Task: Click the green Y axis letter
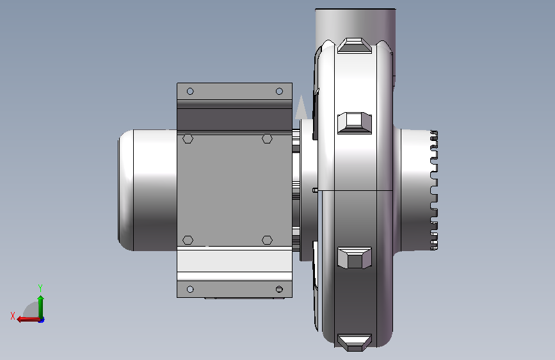pos(40,288)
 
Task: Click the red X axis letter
pos(13,316)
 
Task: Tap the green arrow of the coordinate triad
pos(41,307)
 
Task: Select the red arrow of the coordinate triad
pos(28,319)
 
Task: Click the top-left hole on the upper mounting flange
pos(190,92)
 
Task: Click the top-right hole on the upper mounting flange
pos(279,92)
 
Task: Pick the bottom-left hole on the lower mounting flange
pos(190,290)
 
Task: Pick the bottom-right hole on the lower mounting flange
pos(279,290)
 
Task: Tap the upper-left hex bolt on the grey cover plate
pos(188,138)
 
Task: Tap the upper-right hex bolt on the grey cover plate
pos(267,138)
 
